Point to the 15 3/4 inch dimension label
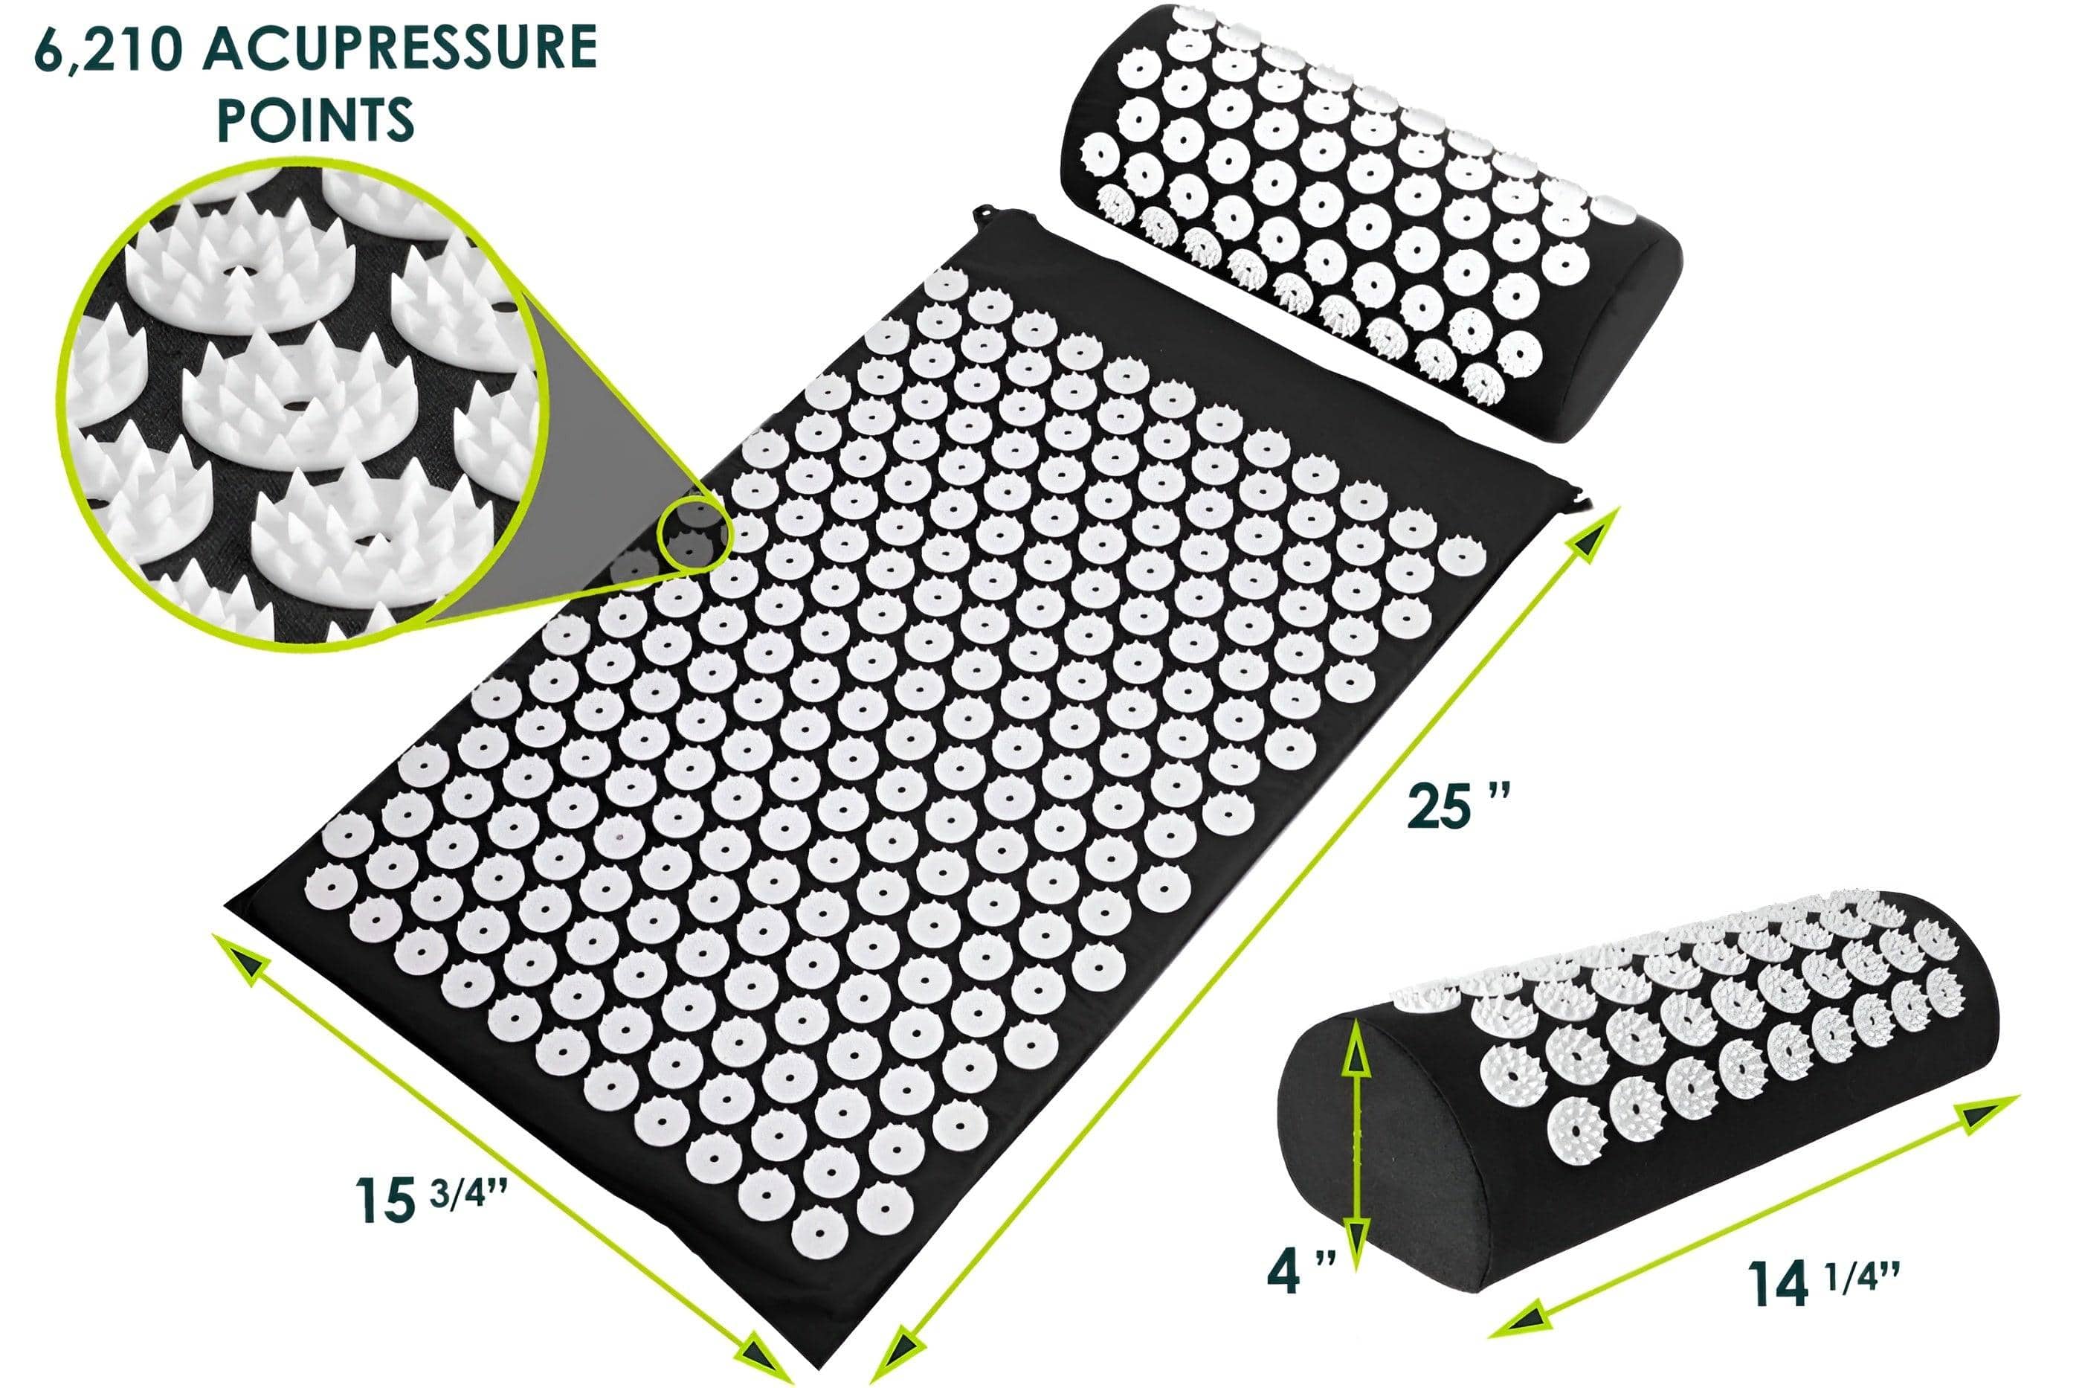pos(431,1201)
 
